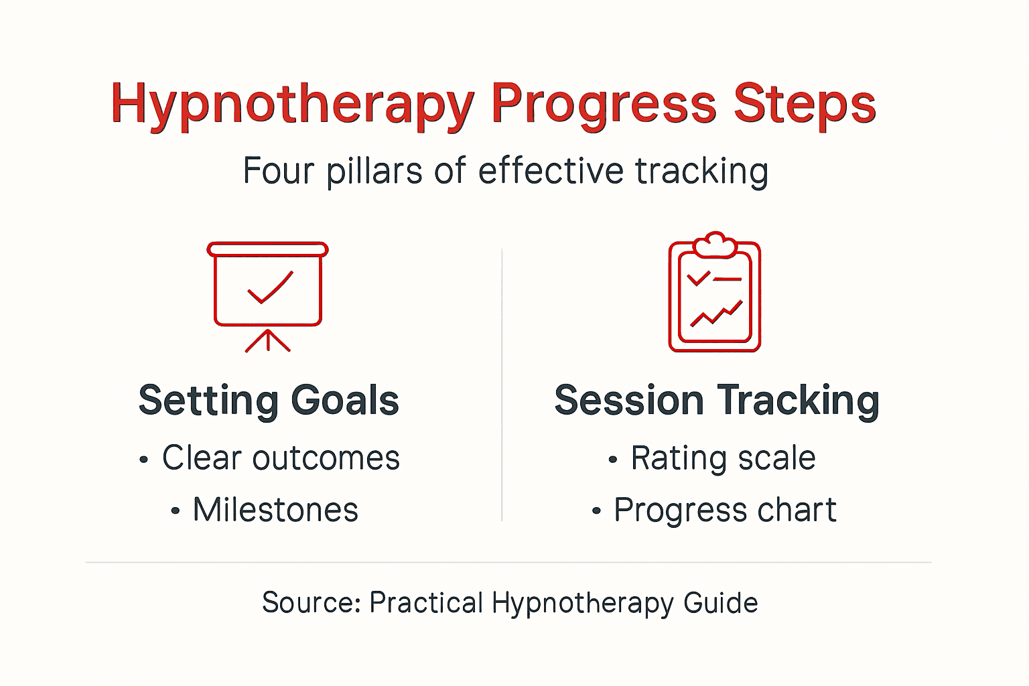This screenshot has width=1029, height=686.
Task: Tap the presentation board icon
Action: [x=268, y=295]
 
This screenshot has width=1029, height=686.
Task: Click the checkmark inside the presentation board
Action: [x=270, y=288]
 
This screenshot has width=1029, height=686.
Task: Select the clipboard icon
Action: [x=715, y=295]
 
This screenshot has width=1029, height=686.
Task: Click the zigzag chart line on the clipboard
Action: [x=716, y=314]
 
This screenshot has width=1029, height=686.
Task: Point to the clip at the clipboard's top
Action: [x=715, y=245]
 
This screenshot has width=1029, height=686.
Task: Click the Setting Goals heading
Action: [x=269, y=401]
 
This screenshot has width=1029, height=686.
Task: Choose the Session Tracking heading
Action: [x=716, y=401]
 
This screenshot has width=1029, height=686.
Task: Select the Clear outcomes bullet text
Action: [x=281, y=458]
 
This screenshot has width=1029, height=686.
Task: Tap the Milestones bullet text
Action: [x=275, y=510]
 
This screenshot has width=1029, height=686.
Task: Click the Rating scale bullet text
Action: [x=723, y=458]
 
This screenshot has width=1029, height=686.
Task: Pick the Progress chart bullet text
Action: [x=725, y=510]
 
